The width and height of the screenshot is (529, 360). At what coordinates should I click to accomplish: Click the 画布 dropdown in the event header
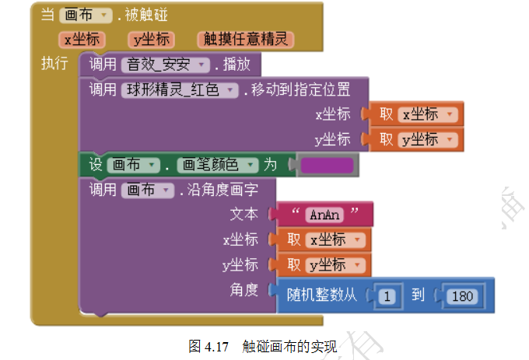click(x=86, y=16)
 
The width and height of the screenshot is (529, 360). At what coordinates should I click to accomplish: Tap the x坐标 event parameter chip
click(x=82, y=40)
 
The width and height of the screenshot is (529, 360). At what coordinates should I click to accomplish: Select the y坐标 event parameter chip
click(x=151, y=40)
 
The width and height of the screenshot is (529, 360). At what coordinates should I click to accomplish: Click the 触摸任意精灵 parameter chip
click(x=246, y=40)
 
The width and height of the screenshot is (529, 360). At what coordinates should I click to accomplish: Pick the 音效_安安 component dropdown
click(x=165, y=65)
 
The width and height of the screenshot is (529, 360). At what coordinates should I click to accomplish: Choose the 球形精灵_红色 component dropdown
click(x=180, y=90)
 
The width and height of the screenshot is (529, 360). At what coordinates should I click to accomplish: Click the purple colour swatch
click(x=327, y=165)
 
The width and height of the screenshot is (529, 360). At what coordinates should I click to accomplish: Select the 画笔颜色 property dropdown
click(x=218, y=165)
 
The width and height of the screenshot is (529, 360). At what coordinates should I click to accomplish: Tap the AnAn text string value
click(x=324, y=215)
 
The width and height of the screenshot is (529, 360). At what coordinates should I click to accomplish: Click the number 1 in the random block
click(x=387, y=296)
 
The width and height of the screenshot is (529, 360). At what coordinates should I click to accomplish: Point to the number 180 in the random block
click(x=462, y=296)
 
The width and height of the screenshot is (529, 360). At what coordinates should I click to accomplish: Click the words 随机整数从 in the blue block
click(x=321, y=295)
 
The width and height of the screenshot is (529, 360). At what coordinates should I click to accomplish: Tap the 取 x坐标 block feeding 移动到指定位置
click(x=416, y=114)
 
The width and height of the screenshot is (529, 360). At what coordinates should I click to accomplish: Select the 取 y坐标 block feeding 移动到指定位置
click(x=416, y=139)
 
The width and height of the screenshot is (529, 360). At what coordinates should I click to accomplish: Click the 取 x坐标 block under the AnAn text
click(x=324, y=240)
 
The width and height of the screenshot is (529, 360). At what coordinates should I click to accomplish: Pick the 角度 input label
click(x=244, y=290)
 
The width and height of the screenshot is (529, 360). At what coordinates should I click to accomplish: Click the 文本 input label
click(x=244, y=214)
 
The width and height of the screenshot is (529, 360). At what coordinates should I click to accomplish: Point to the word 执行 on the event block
click(x=54, y=64)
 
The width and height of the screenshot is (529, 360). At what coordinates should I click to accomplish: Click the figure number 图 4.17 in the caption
click(x=208, y=347)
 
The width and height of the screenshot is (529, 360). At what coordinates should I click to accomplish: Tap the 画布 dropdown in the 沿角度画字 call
click(x=148, y=190)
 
